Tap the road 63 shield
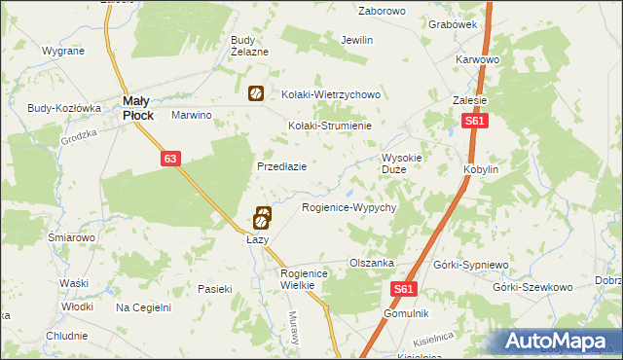(x=170, y=158)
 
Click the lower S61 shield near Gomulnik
(x=406, y=290)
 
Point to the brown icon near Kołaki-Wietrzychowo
(x=254, y=94)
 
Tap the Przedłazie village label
(x=281, y=166)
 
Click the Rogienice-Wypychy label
(x=348, y=208)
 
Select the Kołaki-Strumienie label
(x=331, y=126)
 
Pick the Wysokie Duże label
(x=401, y=162)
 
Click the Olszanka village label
(x=371, y=263)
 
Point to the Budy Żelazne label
(x=248, y=46)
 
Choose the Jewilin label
(x=357, y=41)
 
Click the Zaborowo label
(x=382, y=11)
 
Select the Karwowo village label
(x=477, y=59)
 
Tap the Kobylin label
(x=481, y=168)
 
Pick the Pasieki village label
(x=214, y=288)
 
